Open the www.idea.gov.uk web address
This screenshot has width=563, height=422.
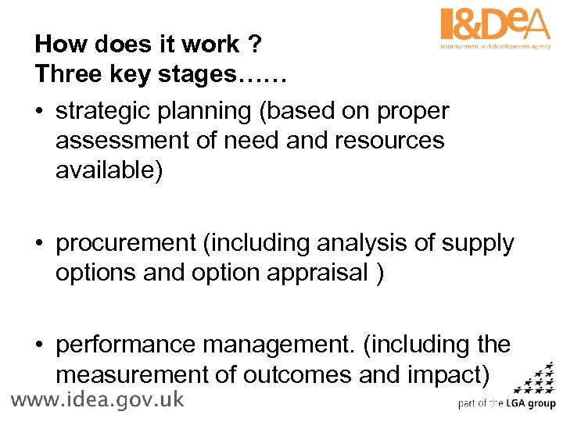pos(97,400)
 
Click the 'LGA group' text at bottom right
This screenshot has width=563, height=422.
pos(529,404)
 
